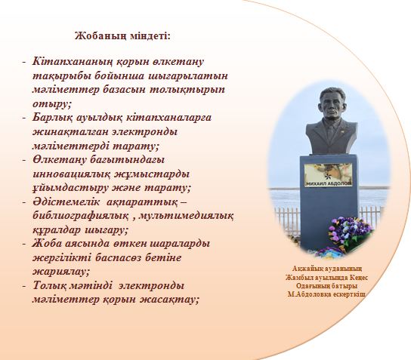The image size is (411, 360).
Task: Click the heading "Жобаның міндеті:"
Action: [x=122, y=36]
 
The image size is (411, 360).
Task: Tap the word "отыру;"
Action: [x=52, y=103]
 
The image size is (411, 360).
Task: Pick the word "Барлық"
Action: [x=52, y=118]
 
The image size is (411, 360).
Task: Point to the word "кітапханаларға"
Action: [x=168, y=118]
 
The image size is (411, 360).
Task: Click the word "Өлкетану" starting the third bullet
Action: [x=59, y=159]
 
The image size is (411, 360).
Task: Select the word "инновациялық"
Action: [x=72, y=174]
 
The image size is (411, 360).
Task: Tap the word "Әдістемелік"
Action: [x=66, y=202]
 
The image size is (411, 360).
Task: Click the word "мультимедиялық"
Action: [x=186, y=216]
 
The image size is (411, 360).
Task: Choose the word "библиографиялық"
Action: [x=81, y=216]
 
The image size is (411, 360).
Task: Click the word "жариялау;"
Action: [x=61, y=272]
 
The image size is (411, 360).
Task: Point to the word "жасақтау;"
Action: [x=168, y=300]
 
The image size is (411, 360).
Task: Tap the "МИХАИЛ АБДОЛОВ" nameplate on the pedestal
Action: [x=329, y=183]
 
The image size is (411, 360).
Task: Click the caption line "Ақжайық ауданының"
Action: [x=327, y=269]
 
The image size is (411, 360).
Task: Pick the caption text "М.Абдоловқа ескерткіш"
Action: [x=326, y=294]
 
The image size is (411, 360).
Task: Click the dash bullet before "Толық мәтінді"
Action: [x=24, y=286]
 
